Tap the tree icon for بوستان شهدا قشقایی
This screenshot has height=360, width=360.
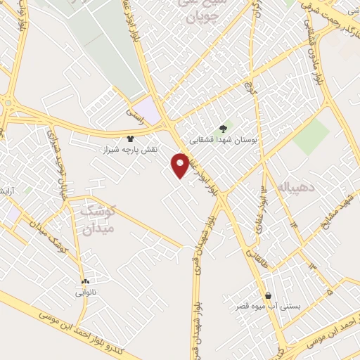coord(223,129)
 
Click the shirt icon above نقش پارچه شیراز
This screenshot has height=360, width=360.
coord(129,139)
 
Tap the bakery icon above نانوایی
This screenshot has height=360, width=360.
coord(85,281)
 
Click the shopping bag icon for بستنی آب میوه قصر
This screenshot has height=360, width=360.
coord(268,295)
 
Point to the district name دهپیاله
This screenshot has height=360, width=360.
coord(291,188)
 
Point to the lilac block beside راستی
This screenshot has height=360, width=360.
coord(147,109)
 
